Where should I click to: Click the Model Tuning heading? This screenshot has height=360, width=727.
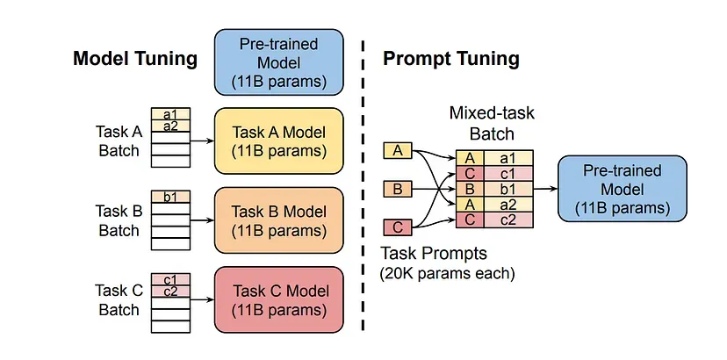tap(135, 60)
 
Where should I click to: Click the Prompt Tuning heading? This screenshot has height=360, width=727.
tap(450, 60)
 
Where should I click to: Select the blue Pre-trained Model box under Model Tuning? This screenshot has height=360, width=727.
tap(278, 62)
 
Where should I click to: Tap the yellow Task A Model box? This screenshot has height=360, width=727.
tap(278, 141)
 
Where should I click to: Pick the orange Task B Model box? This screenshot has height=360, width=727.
tap(278, 220)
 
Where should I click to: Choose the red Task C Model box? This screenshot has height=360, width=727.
tap(278, 299)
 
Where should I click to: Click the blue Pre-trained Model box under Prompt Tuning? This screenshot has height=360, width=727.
tap(623, 189)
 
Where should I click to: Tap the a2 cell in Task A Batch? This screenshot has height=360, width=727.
tap(170, 126)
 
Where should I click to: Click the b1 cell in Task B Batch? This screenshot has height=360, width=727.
tap(170, 197)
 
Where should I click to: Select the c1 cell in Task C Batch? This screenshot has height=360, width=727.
tap(170, 279)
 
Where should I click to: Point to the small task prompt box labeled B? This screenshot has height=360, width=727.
tap(398, 190)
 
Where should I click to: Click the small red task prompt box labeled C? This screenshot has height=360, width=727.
tap(398, 227)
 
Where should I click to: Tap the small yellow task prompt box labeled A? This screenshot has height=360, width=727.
tap(398, 151)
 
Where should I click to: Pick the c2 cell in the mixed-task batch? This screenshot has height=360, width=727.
tap(508, 220)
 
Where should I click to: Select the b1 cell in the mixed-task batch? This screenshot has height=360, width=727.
tap(508, 189)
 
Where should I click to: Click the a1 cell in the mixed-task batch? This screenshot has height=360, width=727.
tap(508, 158)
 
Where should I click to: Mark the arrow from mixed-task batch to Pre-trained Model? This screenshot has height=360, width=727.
tap(545, 189)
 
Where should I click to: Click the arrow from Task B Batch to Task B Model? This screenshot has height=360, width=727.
tap(202, 220)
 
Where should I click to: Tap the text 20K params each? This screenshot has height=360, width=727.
tap(448, 274)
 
